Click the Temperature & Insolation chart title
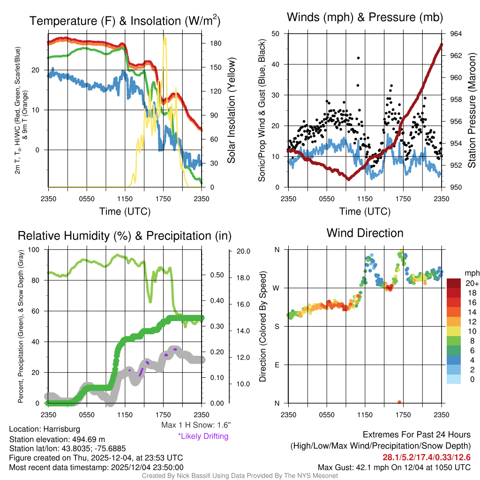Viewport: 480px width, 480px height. (x=125, y=21)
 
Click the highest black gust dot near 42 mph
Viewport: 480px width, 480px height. (x=358, y=58)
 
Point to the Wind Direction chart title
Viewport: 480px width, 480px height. (x=365, y=233)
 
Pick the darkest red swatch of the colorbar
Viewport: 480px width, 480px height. (x=454, y=283)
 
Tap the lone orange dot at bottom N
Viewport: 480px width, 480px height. (x=399, y=402)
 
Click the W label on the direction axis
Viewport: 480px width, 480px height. (x=277, y=288)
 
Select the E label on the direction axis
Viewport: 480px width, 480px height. (x=277, y=365)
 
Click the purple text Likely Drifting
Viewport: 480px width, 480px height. (x=202, y=436)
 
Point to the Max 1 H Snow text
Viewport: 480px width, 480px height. (x=195, y=425)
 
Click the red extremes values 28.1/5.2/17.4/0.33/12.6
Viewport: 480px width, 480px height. (x=427, y=457)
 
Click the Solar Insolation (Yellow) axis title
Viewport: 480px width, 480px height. (x=231, y=111)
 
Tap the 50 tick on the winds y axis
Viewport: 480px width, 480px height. (x=276, y=34)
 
